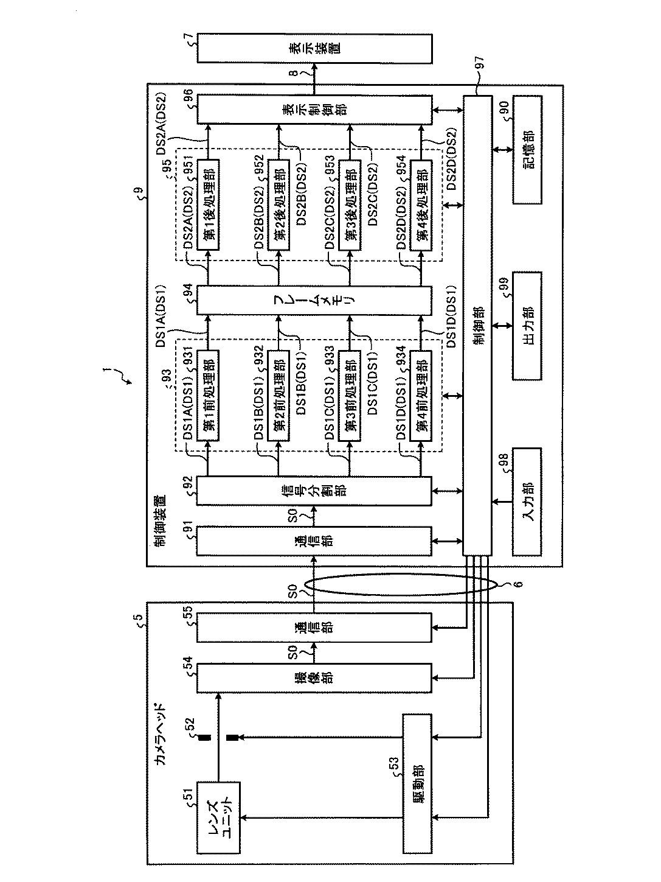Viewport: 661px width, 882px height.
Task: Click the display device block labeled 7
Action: (314, 48)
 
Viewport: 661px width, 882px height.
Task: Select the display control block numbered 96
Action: (314, 110)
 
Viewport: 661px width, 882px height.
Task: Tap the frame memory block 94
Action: (314, 300)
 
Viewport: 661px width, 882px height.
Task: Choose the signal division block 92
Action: (314, 491)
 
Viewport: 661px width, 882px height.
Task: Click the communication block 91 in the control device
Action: (314, 541)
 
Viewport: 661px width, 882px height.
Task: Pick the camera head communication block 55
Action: (314, 627)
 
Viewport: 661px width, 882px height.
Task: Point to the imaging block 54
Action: (314, 678)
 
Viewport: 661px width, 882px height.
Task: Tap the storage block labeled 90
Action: (527, 150)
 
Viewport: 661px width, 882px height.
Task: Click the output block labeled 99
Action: (527, 326)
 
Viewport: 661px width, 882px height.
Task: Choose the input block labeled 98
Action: (527, 502)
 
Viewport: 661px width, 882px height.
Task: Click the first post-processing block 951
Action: (208, 205)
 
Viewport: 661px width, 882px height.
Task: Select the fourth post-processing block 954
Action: (421, 205)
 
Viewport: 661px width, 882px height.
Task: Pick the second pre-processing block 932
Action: (279, 396)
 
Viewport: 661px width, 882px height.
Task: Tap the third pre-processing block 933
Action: (350, 396)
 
